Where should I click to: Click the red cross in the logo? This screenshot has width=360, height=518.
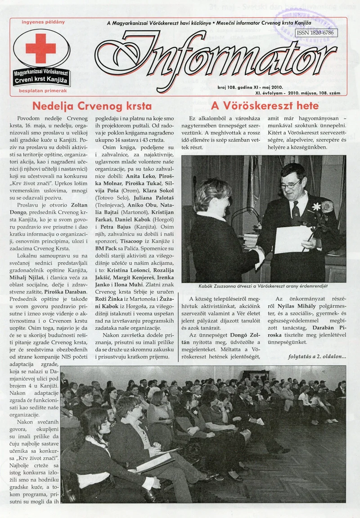[41, 48]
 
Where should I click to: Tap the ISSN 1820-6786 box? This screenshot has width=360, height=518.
[315, 33]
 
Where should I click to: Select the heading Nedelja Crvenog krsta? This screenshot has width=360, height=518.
[92, 107]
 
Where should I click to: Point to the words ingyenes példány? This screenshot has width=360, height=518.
[43, 22]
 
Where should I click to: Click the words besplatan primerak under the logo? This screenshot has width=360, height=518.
[43, 90]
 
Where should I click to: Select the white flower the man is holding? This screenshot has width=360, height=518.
[316, 207]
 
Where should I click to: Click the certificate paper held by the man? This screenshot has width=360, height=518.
[292, 239]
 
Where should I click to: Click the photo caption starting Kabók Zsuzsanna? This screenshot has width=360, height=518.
[263, 286]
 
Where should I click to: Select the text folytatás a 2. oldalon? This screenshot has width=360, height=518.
[317, 357]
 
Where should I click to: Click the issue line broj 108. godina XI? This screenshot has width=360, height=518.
[243, 87]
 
